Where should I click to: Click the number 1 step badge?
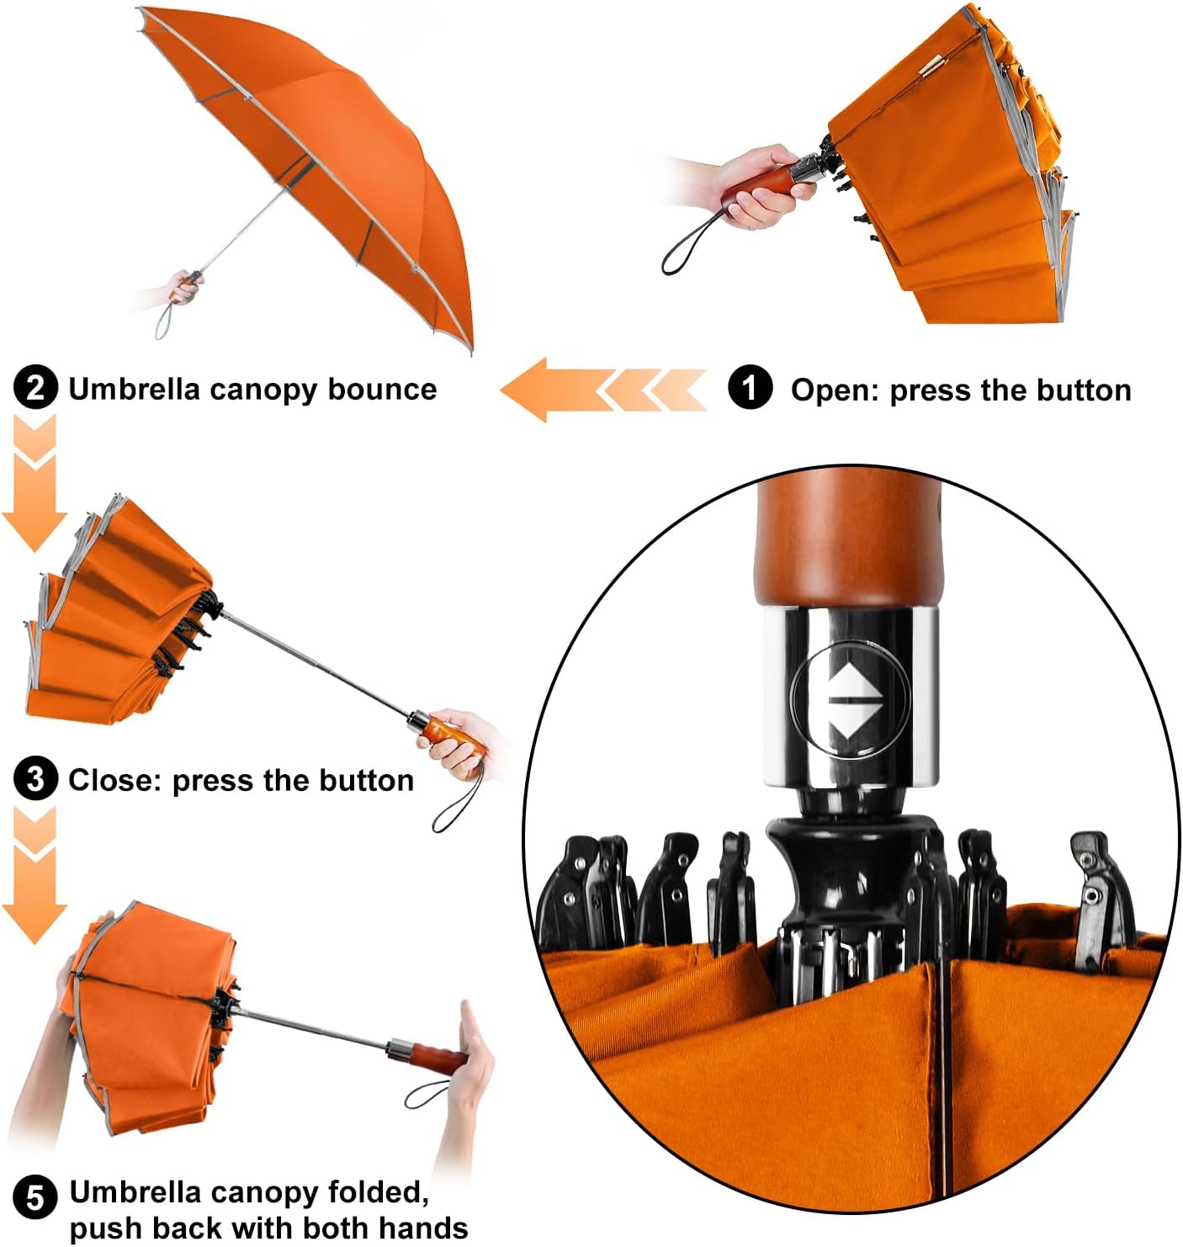(x=750, y=388)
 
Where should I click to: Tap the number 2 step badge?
(x=35, y=388)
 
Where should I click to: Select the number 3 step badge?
(x=35, y=779)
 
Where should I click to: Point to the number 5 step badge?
(x=35, y=1196)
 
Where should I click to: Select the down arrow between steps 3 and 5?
(x=34, y=875)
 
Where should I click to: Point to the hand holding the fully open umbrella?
(x=183, y=287)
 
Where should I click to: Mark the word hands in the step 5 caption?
(x=423, y=1228)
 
